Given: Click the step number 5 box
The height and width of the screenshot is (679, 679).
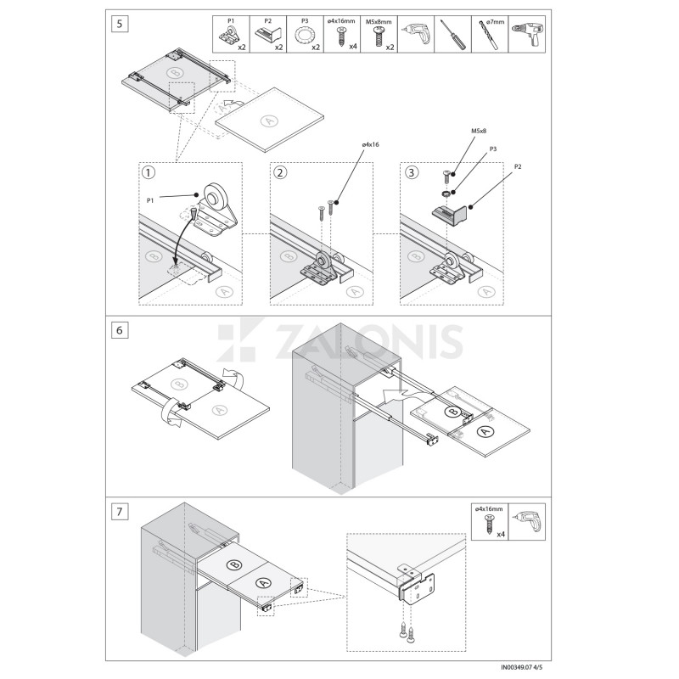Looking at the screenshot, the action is [120, 24].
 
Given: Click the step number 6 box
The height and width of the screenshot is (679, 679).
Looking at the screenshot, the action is [120, 330].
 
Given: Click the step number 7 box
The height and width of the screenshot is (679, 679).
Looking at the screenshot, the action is [120, 512].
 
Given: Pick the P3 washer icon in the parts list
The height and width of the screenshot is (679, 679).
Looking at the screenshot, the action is [303, 36].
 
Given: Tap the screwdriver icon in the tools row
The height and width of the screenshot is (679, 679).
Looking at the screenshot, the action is [453, 35].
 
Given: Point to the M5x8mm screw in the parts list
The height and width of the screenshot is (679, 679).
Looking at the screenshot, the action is [378, 36].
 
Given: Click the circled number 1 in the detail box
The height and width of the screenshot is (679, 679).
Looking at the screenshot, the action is [148, 173].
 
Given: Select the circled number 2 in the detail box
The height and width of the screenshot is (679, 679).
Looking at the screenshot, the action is [280, 173].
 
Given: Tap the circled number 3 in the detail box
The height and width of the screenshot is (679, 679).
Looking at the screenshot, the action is [411, 173].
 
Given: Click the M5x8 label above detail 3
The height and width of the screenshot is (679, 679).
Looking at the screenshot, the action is [479, 131].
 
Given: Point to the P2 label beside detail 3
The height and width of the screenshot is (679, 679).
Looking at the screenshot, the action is [518, 166].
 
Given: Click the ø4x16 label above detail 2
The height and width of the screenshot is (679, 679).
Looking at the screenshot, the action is [370, 144].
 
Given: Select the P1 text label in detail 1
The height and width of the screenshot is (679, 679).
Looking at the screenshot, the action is [150, 200].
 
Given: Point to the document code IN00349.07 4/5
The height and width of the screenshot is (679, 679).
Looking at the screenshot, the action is [522, 667].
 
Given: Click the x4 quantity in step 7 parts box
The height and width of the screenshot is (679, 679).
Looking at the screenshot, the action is [501, 534].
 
